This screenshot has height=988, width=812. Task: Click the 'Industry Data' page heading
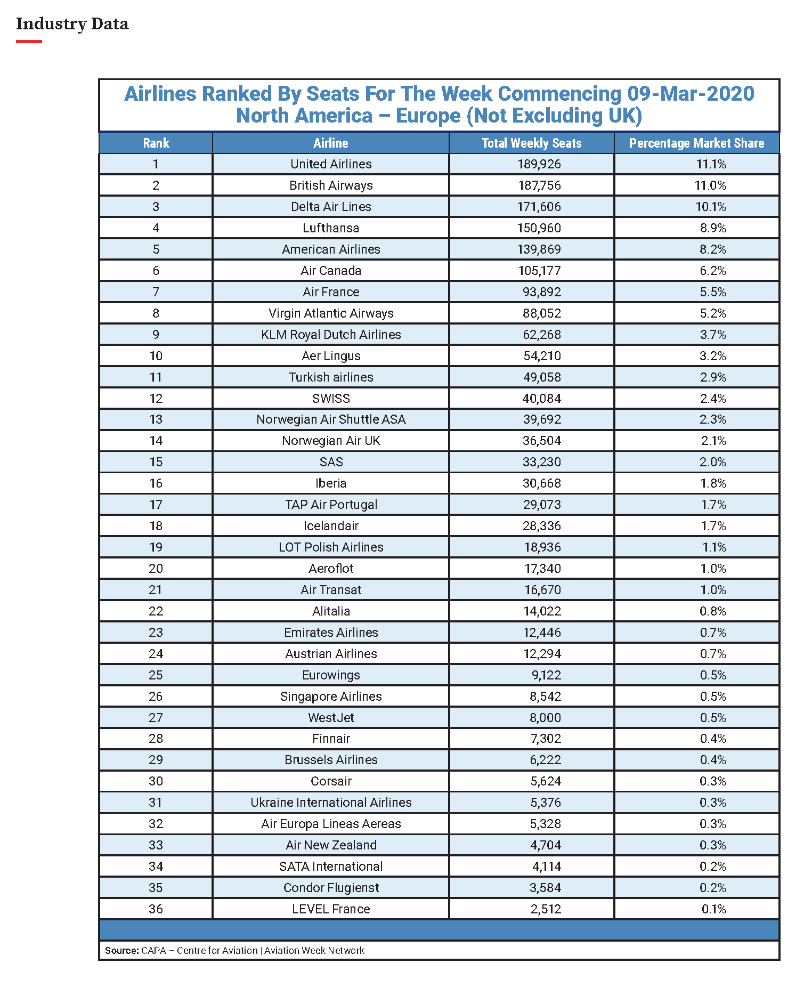click(x=72, y=24)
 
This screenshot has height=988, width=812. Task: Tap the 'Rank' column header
click(x=156, y=143)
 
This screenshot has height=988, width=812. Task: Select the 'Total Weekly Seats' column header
click(x=531, y=143)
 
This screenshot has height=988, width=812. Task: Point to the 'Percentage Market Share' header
click(x=696, y=143)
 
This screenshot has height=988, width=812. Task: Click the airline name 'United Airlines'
click(x=331, y=164)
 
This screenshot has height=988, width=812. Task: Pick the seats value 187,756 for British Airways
click(x=539, y=185)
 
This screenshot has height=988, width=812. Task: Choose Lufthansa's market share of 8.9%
click(x=713, y=228)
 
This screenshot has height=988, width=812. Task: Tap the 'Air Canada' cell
click(x=331, y=271)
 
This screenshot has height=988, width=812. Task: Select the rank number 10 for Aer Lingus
click(x=156, y=356)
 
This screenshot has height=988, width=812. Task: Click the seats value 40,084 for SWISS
click(x=541, y=399)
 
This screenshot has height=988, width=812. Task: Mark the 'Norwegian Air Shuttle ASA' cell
click(x=331, y=419)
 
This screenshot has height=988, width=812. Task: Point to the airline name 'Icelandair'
click(x=331, y=526)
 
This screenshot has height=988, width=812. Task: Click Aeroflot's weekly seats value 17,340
click(x=542, y=569)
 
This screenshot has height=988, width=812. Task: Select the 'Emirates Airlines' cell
click(x=331, y=633)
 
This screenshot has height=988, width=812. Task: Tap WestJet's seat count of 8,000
click(x=545, y=718)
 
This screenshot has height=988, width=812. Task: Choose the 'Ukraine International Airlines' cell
click(x=331, y=803)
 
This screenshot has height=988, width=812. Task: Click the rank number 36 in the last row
click(x=156, y=909)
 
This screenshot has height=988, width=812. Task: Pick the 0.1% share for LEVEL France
click(x=713, y=909)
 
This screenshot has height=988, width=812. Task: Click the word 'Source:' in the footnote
click(x=122, y=951)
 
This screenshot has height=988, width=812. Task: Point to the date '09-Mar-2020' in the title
click(x=691, y=94)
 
